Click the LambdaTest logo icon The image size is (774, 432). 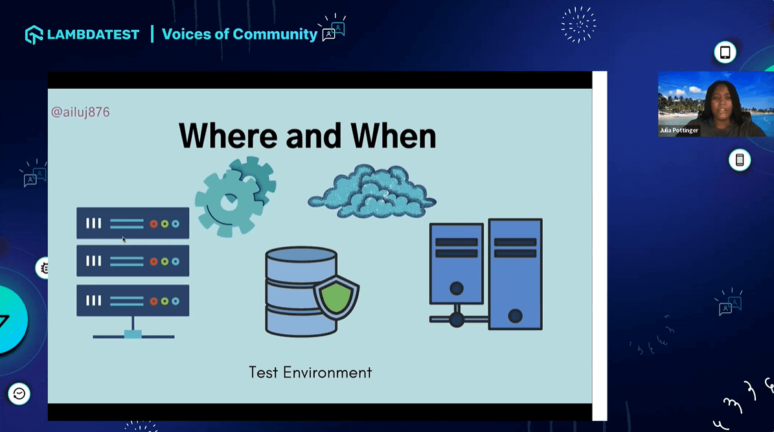click(x=34, y=34)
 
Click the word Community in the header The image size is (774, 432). click(x=275, y=34)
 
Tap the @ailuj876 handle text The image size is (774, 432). click(x=80, y=112)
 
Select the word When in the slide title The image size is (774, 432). click(x=393, y=135)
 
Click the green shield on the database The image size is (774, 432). click(x=336, y=297)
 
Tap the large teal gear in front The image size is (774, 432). click(x=227, y=203)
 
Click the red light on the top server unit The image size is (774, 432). click(x=154, y=224)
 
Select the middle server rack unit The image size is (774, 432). click(x=133, y=260)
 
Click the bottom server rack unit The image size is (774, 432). click(x=133, y=300)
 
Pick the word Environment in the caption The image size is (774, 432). click(x=327, y=372)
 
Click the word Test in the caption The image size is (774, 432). click(x=264, y=372)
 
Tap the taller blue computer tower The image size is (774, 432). click(x=516, y=274)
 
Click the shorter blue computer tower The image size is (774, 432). click(x=457, y=263)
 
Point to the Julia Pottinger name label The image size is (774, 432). click(x=679, y=130)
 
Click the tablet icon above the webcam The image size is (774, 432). click(x=725, y=52)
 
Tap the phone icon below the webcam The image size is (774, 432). click(x=740, y=160)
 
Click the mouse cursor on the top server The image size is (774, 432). click(x=124, y=240)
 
